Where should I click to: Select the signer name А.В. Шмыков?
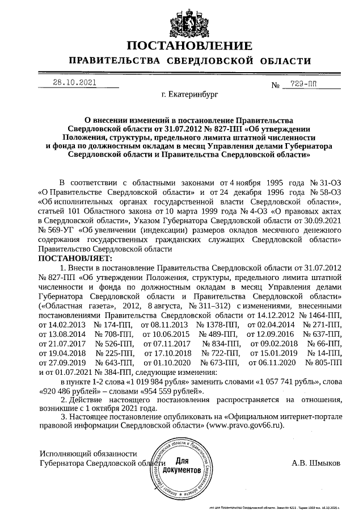click(316, 463)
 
